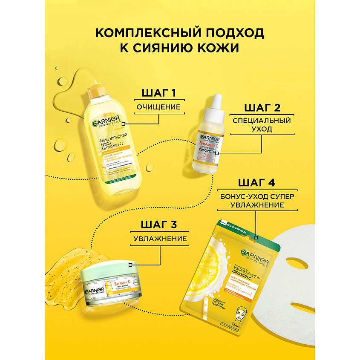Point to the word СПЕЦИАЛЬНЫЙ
[262, 121]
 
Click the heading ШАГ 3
[160, 225]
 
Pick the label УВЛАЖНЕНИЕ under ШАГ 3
[160, 239]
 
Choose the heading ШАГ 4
[256, 182]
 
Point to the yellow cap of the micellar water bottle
[97, 89]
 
